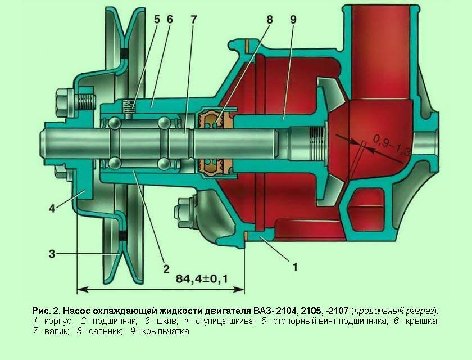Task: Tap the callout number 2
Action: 166,268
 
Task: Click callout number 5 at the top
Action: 157,19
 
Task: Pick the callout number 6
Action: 170,19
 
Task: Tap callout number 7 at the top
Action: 194,19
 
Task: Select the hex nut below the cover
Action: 184,212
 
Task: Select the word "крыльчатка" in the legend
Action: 166,331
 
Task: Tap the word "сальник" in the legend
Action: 104,331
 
